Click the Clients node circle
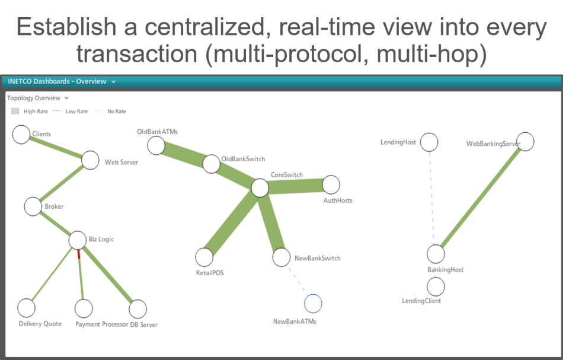pyautogui.click(x=21, y=135)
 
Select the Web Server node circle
pyautogui.click(x=90, y=160)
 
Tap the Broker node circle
pyautogui.click(x=33, y=207)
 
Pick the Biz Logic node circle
pyautogui.click(x=78, y=240)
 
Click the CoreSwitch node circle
pyautogui.click(x=260, y=188)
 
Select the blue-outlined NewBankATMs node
pyautogui.click(x=313, y=304)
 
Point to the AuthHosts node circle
pyautogui.click(x=331, y=184)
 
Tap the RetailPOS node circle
pyautogui.click(x=204, y=257)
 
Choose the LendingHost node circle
pyautogui.click(x=429, y=142)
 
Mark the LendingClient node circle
pyautogui.click(x=436, y=287)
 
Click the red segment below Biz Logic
pyautogui.click(x=78, y=254)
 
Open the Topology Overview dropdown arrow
pyautogui.click(x=66, y=98)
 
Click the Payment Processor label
pyautogui.click(x=101, y=324)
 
